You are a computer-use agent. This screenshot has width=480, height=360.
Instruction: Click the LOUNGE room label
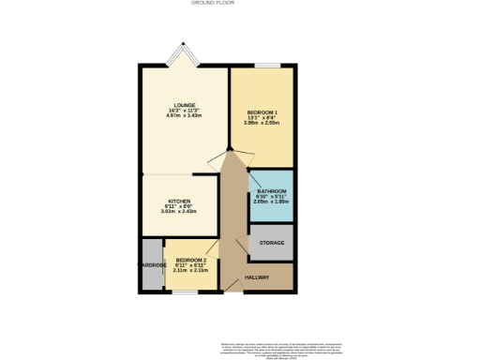183,105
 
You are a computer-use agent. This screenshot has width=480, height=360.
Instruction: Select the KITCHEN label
179,201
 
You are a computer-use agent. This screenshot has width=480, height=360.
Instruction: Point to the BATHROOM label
271,191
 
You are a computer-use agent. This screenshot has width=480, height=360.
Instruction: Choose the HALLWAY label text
257,277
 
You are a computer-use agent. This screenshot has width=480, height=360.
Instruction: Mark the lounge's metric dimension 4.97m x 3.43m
183,116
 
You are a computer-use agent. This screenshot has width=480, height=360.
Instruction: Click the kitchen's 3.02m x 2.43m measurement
179,212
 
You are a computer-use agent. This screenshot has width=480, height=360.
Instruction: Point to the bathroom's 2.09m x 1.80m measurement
271,202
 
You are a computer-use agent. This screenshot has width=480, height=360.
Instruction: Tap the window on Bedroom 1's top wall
267,65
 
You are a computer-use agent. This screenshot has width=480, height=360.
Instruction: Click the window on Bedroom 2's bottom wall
186,292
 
